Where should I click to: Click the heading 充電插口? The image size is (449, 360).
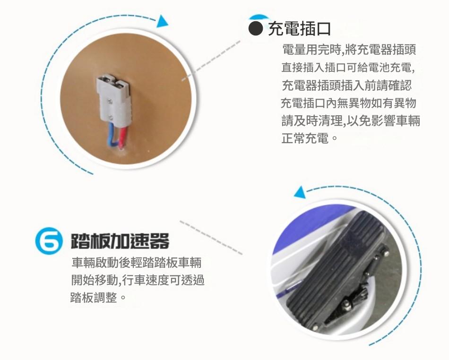(x=299, y=29)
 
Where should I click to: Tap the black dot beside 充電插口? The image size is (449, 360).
(x=255, y=29)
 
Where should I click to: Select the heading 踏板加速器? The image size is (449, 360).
(x=120, y=241)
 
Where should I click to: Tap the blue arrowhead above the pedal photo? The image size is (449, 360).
(x=300, y=192)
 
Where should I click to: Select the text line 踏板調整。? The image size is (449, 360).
(x=98, y=298)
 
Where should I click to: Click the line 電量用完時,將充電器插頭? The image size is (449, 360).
(x=349, y=50)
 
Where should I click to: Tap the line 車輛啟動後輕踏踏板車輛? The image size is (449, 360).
(x=137, y=262)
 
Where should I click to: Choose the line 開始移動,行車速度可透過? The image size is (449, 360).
(x=138, y=280)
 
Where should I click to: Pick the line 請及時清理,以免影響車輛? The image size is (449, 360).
(x=351, y=121)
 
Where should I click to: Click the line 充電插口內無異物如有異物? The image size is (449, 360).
(x=348, y=103)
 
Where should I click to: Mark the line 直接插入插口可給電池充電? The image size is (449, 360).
(x=348, y=68)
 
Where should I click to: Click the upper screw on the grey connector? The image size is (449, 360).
(x=110, y=101)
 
